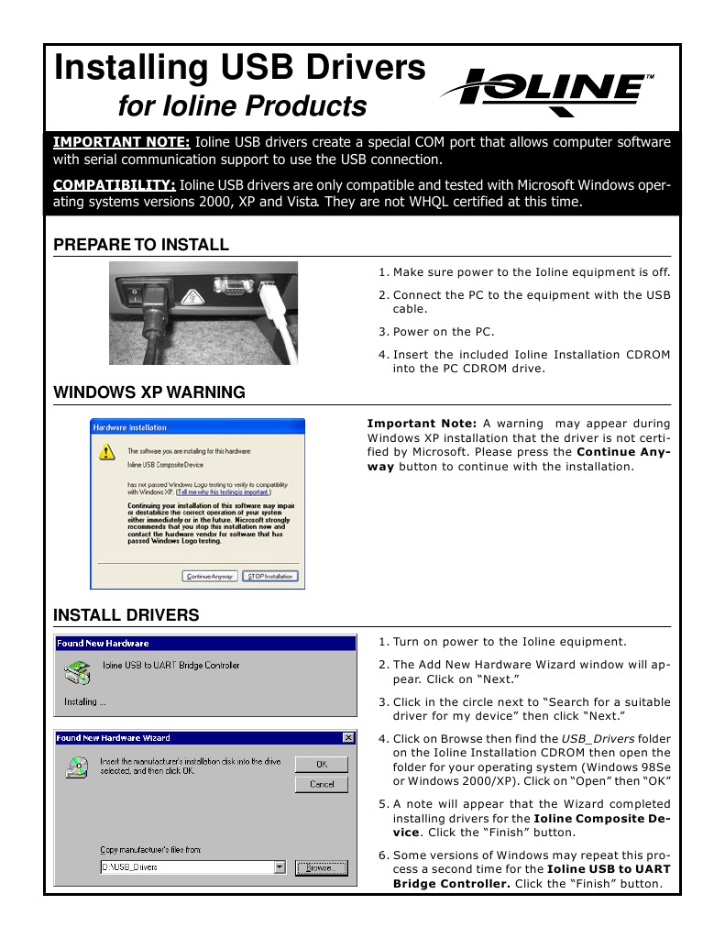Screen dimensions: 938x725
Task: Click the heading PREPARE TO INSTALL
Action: pyautogui.click(x=141, y=245)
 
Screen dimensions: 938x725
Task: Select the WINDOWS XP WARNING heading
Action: pyautogui.click(x=149, y=392)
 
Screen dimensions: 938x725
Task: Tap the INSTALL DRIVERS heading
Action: pyautogui.click(x=126, y=613)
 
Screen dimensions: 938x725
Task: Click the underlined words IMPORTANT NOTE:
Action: pyautogui.click(x=122, y=142)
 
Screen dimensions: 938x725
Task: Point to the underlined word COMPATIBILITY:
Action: pyautogui.click(x=115, y=186)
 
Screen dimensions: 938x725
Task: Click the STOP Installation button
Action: pyautogui.click(x=270, y=576)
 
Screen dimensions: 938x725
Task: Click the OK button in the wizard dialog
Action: pyautogui.click(x=322, y=764)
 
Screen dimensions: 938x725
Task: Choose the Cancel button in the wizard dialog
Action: pyautogui.click(x=322, y=784)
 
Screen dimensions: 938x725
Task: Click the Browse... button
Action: pyautogui.click(x=321, y=867)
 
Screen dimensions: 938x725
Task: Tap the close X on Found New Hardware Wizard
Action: pyautogui.click(x=348, y=737)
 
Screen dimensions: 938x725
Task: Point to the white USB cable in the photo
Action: pyautogui.click(x=279, y=321)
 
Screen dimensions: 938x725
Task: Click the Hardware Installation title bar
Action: pyautogui.click(x=197, y=427)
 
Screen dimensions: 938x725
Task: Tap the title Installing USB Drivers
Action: pyautogui.click(x=239, y=69)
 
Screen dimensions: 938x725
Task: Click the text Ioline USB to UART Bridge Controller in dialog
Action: pyautogui.click(x=171, y=665)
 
